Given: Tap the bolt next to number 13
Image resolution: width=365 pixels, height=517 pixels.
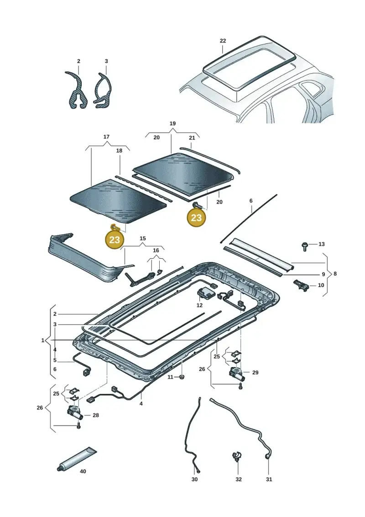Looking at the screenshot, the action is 304,246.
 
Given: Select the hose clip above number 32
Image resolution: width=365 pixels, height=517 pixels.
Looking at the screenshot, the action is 237,457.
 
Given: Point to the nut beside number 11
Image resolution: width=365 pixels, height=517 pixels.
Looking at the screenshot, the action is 181,377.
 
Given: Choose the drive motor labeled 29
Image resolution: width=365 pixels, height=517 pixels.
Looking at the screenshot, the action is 237,374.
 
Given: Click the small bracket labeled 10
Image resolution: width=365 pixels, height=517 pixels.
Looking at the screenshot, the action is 301,284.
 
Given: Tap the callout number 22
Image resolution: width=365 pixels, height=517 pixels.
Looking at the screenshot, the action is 223,41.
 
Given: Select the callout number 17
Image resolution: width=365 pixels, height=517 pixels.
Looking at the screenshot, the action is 106,137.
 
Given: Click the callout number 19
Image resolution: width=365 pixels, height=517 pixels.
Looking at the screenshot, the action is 172,123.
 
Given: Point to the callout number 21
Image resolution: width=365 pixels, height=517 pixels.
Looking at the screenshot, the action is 192,138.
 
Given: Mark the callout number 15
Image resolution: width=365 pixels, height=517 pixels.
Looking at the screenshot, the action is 142,239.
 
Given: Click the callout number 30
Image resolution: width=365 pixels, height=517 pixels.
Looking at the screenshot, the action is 194,480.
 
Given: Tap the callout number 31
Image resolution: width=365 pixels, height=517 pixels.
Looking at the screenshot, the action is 269,480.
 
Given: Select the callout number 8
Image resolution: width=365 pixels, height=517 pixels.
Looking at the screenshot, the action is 335,274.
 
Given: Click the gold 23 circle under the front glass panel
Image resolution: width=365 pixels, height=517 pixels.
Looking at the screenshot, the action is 115,240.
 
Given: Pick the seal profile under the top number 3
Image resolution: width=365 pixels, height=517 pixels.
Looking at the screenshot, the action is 104,91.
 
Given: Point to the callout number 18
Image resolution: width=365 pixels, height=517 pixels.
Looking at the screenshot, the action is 119,151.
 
